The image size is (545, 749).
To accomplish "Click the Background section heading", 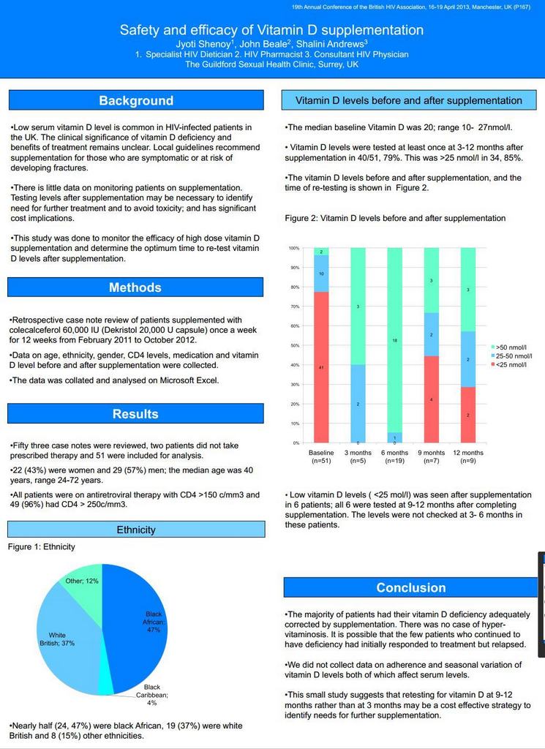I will (136, 100).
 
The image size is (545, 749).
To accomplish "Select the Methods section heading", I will (135, 287).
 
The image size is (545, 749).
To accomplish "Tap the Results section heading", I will (135, 414).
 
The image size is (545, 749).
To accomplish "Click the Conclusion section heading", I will (410, 587).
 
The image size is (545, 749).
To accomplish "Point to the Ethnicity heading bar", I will (136, 530).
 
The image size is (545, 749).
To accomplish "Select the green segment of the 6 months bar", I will (394, 340).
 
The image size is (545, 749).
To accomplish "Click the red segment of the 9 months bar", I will (432, 399).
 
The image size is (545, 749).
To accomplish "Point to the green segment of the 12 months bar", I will (468, 290).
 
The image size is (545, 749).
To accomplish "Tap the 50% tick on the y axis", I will (294, 345).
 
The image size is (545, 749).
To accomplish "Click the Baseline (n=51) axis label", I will (321, 456).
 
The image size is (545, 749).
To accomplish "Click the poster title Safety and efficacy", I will (271, 30).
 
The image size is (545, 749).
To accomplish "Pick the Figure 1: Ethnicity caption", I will (42, 546).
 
